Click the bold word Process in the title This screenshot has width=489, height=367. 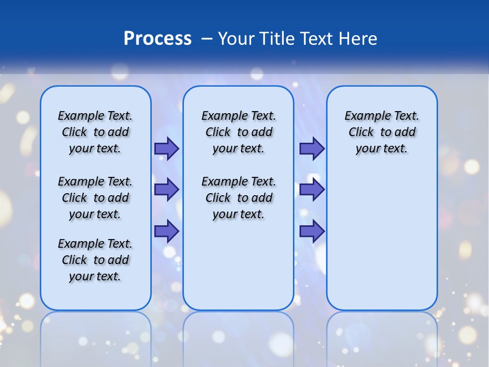point(157,39)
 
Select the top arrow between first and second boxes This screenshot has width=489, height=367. point(167,148)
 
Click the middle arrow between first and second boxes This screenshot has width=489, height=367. point(167,190)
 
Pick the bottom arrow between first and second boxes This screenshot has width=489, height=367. point(167,231)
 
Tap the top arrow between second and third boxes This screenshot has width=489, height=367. point(312,148)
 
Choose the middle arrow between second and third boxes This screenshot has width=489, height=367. point(312,190)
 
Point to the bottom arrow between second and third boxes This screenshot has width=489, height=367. point(312,231)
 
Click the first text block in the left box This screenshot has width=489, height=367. point(95,132)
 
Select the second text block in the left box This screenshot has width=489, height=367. point(95,198)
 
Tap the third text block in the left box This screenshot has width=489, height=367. point(95,260)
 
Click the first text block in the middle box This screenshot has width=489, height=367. point(238,132)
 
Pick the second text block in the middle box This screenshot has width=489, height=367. point(238,198)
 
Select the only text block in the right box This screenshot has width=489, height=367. point(382,132)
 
